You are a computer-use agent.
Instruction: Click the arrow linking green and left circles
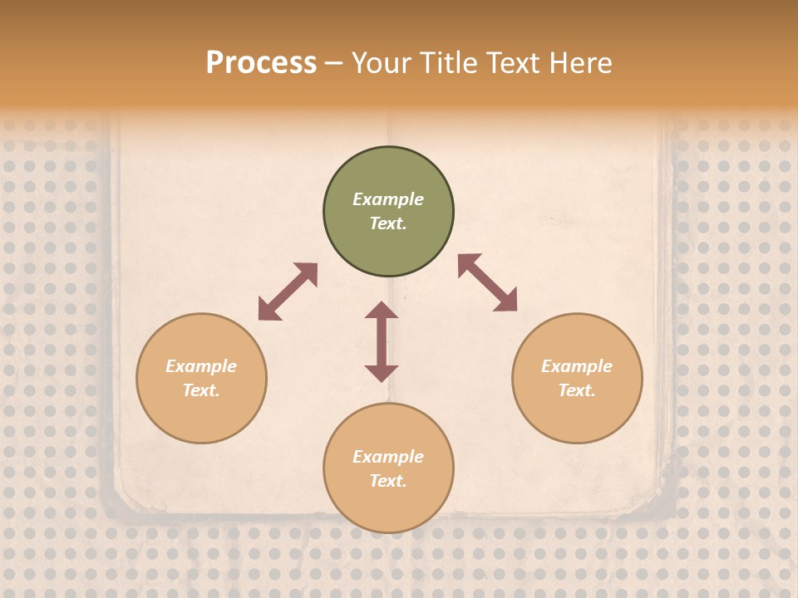point(288,292)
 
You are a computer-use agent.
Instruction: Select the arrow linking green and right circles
point(487,282)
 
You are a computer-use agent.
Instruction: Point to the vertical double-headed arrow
point(382,341)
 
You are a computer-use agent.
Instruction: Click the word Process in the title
point(261,63)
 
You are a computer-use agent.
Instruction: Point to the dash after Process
point(333,64)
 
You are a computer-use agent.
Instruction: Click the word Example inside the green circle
point(388,199)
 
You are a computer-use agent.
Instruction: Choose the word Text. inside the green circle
point(388,223)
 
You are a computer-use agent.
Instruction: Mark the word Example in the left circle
point(201,366)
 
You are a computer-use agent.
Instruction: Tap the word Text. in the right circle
point(577,390)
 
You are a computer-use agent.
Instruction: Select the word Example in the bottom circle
point(388,457)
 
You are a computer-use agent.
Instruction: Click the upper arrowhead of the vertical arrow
point(382,311)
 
